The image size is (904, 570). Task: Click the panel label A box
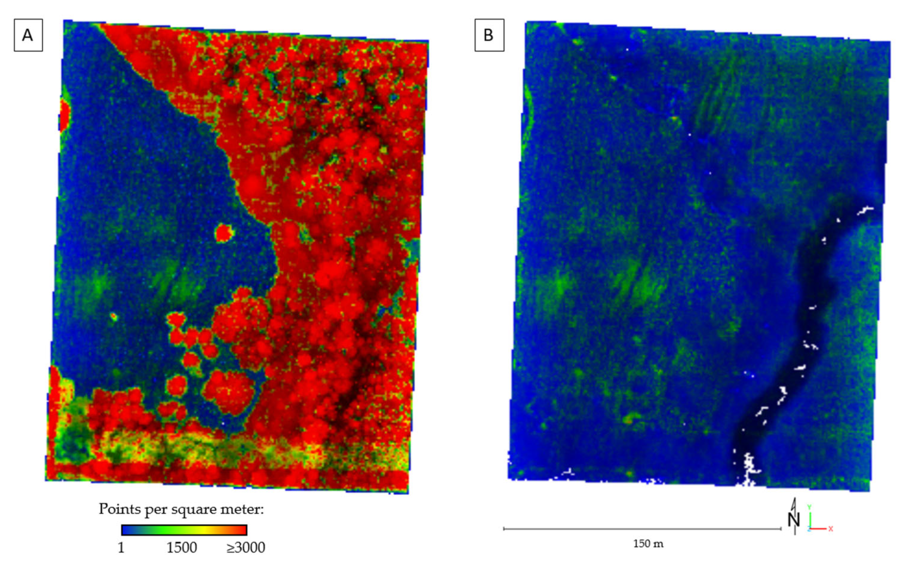pyautogui.click(x=28, y=35)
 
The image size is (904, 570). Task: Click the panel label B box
pyautogui.click(x=489, y=35)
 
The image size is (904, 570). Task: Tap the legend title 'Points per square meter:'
pyautogui.click(x=181, y=509)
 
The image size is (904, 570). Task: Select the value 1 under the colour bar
pyautogui.click(x=121, y=548)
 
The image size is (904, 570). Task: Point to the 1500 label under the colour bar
pyautogui.click(x=182, y=548)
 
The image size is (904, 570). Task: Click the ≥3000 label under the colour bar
pyautogui.click(x=246, y=548)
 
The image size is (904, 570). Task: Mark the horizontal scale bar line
pyautogui.click(x=642, y=529)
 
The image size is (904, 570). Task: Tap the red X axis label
pyautogui.click(x=831, y=529)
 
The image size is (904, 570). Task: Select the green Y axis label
pyautogui.click(x=810, y=507)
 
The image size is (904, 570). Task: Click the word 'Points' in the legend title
pyautogui.click(x=118, y=509)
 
